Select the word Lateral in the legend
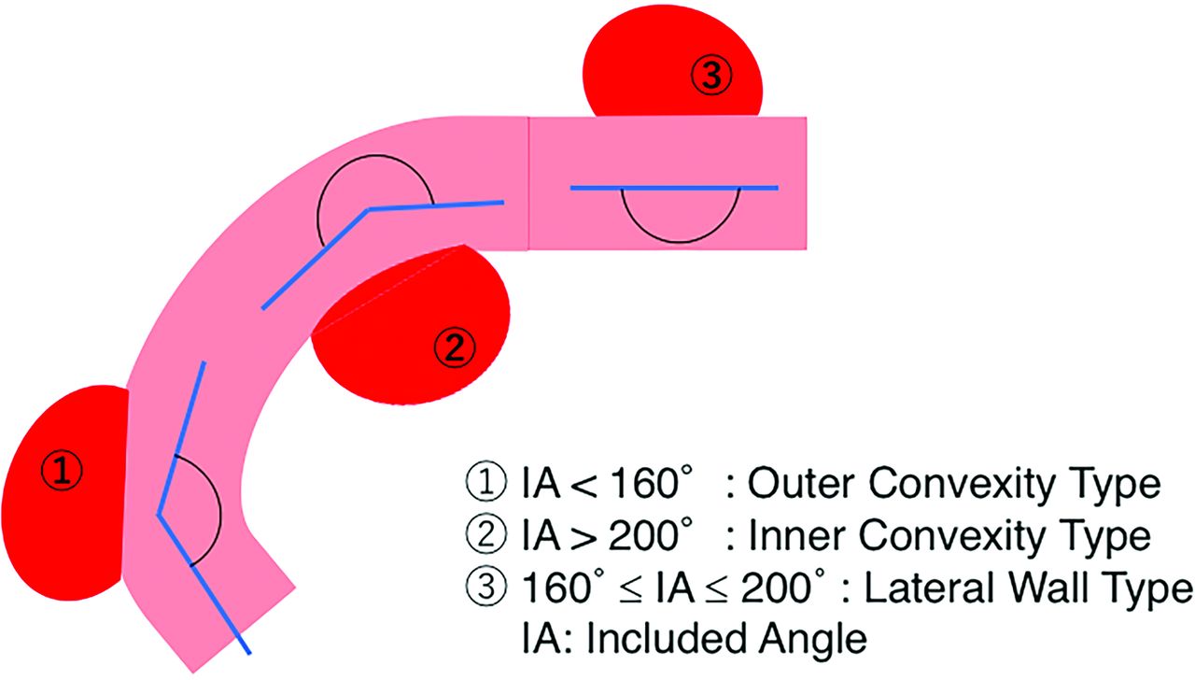point(920,588)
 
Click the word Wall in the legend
point(1046,588)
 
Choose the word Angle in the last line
point(814,640)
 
